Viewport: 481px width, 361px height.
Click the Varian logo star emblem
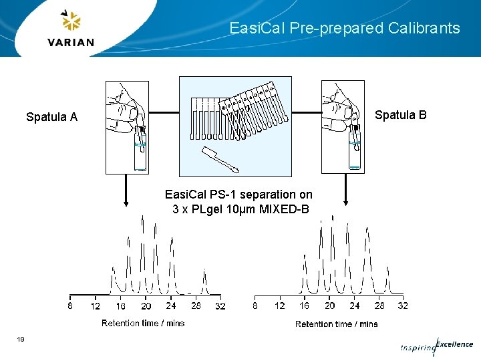(x=71, y=21)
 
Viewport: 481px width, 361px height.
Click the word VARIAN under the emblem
(x=71, y=42)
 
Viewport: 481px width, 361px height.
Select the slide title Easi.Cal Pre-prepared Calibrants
(x=344, y=28)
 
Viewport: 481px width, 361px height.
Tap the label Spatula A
(x=51, y=117)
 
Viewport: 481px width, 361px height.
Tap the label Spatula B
(x=400, y=115)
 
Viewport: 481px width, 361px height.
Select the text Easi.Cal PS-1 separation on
(x=238, y=195)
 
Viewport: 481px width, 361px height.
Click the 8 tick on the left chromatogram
(x=70, y=306)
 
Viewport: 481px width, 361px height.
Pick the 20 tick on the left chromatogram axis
(x=146, y=306)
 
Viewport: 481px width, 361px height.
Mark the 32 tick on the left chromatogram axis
(x=220, y=306)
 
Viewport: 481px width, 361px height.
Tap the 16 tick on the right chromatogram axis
(x=305, y=306)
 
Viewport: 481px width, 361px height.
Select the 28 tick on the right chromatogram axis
(x=379, y=306)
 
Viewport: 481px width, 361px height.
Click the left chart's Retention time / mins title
(x=143, y=323)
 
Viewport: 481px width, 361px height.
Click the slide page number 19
(x=21, y=340)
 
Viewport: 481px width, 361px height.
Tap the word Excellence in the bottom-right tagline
(x=454, y=344)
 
